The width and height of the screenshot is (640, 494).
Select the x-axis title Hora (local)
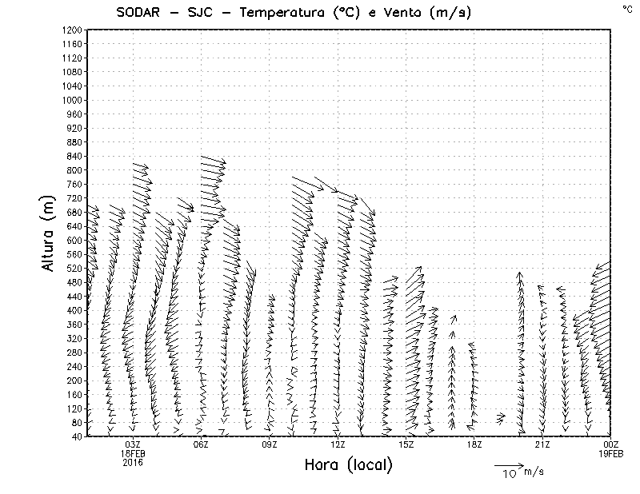(348, 465)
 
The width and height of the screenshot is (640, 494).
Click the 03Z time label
(133, 444)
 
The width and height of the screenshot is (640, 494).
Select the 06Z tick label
(201, 444)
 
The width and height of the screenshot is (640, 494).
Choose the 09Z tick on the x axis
(270, 444)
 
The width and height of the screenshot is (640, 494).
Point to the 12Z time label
(338, 444)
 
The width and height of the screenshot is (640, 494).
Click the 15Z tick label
(406, 444)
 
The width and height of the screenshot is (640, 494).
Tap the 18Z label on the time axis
(474, 444)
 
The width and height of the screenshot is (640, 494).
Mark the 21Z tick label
(542, 444)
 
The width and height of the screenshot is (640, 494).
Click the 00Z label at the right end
(610, 444)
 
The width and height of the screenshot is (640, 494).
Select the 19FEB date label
(610, 453)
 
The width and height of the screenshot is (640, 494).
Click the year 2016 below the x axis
(133, 462)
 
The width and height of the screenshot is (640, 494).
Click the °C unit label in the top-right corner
(626, 9)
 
